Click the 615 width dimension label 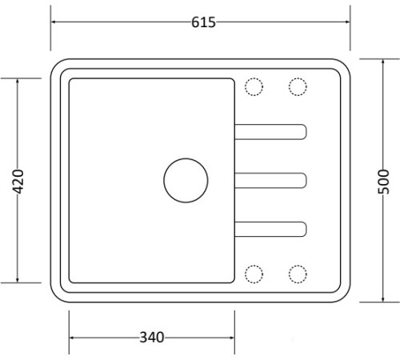pyautogui.click(x=203, y=22)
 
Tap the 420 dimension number pyautogui.click(x=18, y=182)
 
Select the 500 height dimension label pyautogui.click(x=383, y=182)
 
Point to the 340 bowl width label pyautogui.click(x=152, y=338)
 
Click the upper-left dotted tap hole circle pyautogui.click(x=254, y=78)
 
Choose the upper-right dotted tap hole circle pyautogui.click(x=298, y=78)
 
